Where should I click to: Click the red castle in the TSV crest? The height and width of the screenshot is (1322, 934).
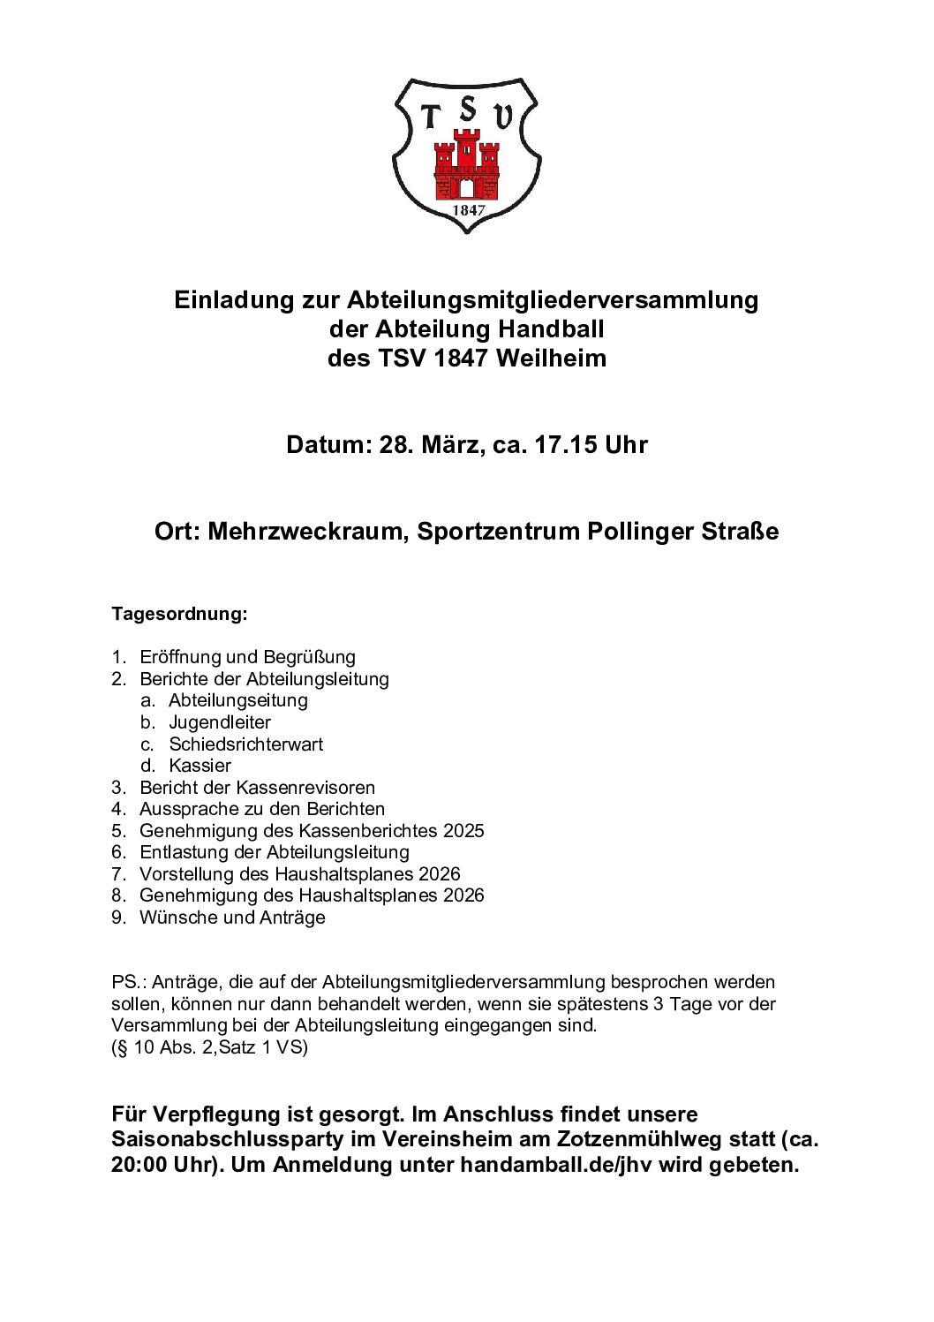(x=466, y=166)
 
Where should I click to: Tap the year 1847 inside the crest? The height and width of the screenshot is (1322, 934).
(x=468, y=210)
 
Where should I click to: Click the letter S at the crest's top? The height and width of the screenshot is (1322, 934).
(x=468, y=110)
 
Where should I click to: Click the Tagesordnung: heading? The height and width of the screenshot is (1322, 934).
(x=179, y=614)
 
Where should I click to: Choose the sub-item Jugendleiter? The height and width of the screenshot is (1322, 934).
(x=220, y=722)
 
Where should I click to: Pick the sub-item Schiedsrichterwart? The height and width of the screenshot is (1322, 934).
(x=245, y=744)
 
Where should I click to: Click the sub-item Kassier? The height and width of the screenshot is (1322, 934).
(x=200, y=766)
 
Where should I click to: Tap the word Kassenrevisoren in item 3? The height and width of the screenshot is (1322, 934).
(x=305, y=788)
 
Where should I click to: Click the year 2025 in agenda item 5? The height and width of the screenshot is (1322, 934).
(x=463, y=831)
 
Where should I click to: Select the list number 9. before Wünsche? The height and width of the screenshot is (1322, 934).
(x=118, y=918)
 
